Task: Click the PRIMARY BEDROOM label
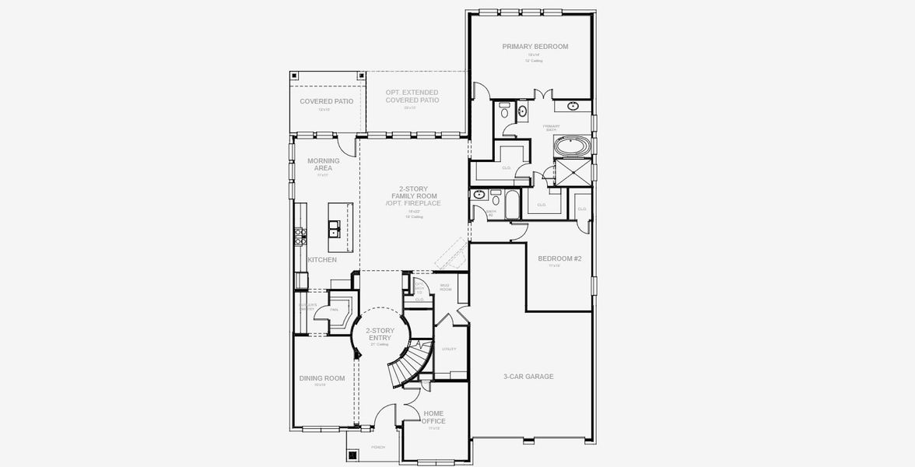coord(535,47)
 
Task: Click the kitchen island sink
coord(332,228)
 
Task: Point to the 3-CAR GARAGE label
coord(528,377)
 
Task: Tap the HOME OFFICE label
coord(434,417)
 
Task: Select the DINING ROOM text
coord(321,378)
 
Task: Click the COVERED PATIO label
coord(327,101)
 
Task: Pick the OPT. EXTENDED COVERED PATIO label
coord(412,97)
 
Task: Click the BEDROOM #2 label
coord(559,258)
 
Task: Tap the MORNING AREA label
coord(323,164)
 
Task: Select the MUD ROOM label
coord(446,287)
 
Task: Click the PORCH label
coord(379,447)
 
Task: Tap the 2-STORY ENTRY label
coord(380,334)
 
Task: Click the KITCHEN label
coord(322,260)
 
